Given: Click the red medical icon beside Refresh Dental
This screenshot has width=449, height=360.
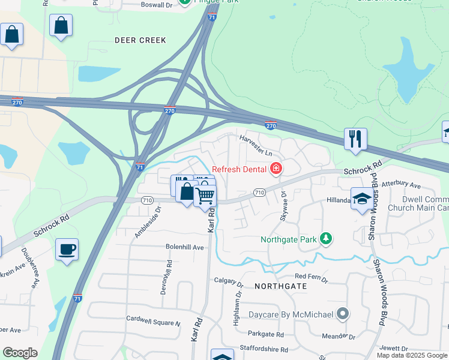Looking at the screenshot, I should coord(276,169).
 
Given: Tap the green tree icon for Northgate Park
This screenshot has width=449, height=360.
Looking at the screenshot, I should coord(325,239).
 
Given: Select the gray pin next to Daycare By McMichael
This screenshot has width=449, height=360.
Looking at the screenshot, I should coord(342,313).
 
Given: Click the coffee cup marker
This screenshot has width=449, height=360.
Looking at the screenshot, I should coord(67,249).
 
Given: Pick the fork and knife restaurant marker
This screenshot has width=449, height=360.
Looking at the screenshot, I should coord(355,139).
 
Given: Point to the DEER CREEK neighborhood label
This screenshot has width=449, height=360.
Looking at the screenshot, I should coord(139,40).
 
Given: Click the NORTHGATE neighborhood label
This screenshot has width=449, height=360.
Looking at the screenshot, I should coord(280,286).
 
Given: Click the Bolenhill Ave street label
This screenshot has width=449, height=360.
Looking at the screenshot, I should coord(185,247).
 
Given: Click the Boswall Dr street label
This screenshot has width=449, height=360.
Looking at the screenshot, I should coord(156,5).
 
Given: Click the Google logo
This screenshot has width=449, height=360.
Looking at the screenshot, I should coord(20,353).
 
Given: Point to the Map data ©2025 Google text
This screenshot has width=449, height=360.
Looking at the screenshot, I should coord(411,355).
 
